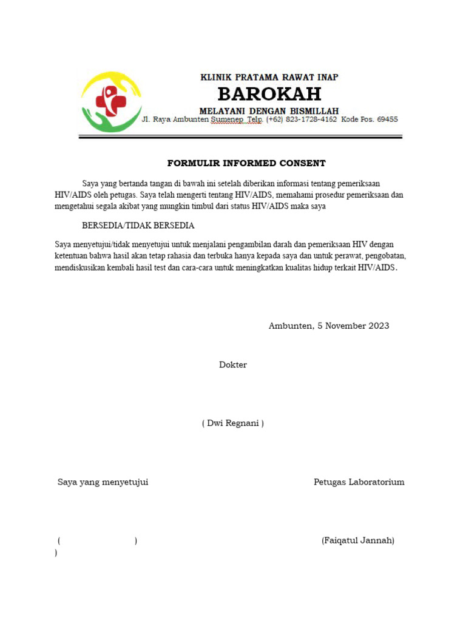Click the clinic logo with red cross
(111, 101)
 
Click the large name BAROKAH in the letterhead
(269, 94)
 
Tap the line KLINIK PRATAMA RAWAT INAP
(269, 77)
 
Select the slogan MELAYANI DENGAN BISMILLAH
(269, 110)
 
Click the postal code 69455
(387, 119)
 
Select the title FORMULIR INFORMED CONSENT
(246, 163)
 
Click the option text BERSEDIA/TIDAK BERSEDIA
(138, 225)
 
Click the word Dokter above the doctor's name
(233, 364)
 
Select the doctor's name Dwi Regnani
(233, 423)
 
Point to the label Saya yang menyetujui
(103, 482)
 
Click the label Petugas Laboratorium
(359, 482)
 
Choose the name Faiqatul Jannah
(358, 540)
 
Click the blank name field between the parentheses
(98, 540)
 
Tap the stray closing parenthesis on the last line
(56, 552)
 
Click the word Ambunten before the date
(290, 326)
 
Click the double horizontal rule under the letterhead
(240, 138)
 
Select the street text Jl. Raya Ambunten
(175, 119)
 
